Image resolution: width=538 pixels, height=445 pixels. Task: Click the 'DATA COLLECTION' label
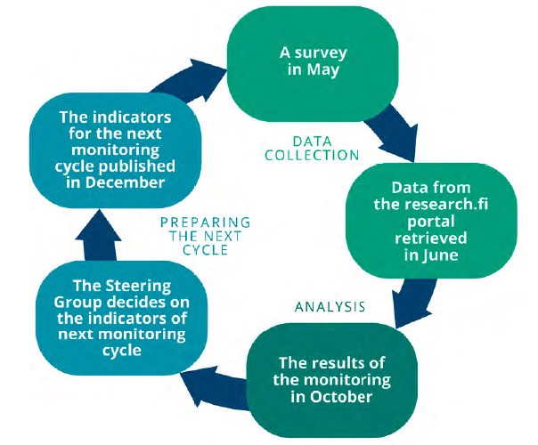pos(313,148)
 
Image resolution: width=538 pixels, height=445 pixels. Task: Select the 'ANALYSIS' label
pos(330,307)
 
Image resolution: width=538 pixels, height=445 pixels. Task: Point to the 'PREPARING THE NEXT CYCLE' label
pos(204,235)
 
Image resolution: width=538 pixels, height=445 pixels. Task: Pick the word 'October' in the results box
pos(347,397)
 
